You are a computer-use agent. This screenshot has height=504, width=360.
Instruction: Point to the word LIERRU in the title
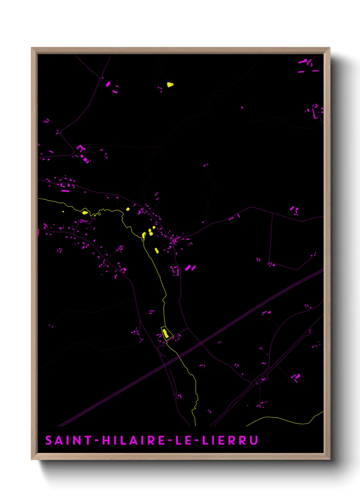tap(230, 440)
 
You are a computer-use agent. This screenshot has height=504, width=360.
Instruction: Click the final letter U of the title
tap(253, 440)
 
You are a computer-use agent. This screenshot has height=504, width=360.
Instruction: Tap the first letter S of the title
tap(49, 440)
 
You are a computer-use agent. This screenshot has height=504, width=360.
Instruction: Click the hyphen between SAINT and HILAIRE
tap(97, 441)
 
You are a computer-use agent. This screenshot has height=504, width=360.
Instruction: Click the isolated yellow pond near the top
tap(170, 84)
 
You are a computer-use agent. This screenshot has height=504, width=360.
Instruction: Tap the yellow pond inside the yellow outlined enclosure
tap(165, 333)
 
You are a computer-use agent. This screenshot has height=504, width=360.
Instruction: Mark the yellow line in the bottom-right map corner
tap(282, 420)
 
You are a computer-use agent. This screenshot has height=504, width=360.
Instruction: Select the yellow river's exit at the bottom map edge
tap(195, 425)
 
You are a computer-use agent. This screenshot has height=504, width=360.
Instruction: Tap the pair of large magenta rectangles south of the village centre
tap(190, 268)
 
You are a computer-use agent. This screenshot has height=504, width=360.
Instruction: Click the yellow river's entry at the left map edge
tap(39, 199)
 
